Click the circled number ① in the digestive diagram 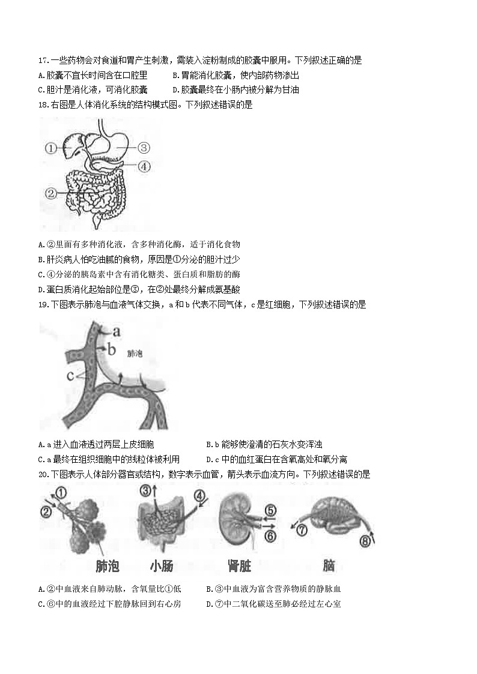click(51, 147)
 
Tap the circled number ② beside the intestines click(51, 193)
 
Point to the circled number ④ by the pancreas click(143, 167)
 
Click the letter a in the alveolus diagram click(117, 330)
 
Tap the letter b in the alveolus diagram click(111, 348)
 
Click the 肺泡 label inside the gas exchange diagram click(135, 354)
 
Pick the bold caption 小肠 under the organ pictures click(162, 565)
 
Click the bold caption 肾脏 click(239, 565)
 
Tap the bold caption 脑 click(329, 565)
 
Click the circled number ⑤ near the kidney click(270, 511)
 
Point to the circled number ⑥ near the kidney click(270, 535)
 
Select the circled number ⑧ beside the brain click(365, 542)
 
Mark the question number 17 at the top click(42, 61)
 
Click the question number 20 click(42, 474)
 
